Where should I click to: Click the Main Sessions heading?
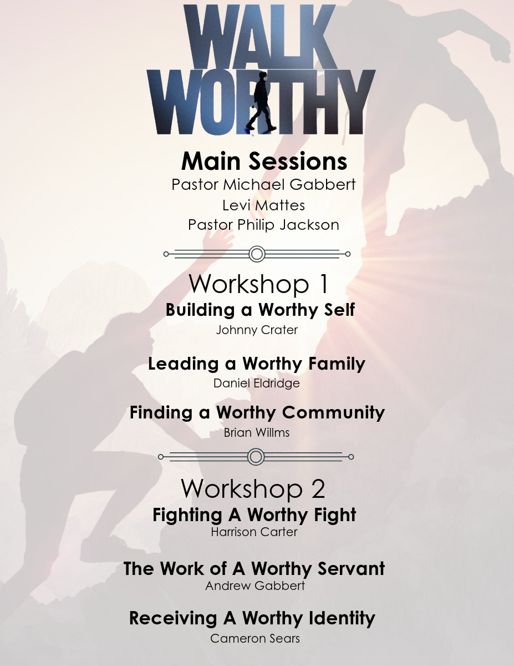pos(264,161)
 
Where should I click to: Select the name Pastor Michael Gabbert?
pos(263,184)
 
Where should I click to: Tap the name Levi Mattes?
pos(263,205)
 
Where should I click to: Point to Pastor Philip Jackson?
pos(263,225)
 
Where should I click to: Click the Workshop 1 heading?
pos(259,284)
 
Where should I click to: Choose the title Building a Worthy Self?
pos(260,310)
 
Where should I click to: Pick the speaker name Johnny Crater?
pos(257,330)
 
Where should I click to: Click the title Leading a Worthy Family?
pos(257,364)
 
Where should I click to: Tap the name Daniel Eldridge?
pos(257,384)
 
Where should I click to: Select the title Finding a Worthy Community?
pos(257,412)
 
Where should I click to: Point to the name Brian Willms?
pos(257,432)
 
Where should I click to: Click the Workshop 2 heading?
pos(253,489)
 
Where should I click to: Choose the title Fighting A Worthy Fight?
pos(255,514)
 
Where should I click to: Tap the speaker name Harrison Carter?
pos(254,532)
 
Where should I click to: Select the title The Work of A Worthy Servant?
pos(254,568)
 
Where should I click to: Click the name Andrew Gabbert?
pos(255,586)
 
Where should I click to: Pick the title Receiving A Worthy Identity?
pos(252,618)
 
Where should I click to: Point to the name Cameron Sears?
pos(255,639)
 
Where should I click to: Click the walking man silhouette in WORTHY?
pos(261,101)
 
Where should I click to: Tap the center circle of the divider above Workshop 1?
pos(257,254)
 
